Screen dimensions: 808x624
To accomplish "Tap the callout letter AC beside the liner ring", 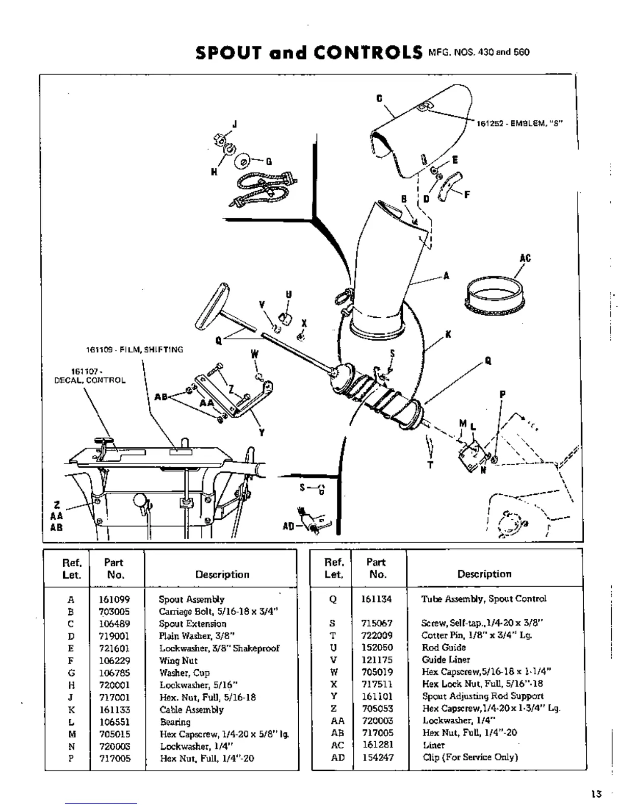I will point(525,258).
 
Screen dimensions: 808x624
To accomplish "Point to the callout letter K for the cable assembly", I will point(448,335).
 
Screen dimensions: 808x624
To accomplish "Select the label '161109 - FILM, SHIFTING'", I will point(134,349).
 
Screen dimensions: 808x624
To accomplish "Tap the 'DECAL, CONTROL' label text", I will point(90,381).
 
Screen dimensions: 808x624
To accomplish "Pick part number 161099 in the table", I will point(114,599).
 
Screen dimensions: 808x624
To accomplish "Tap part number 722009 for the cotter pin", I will point(376,635).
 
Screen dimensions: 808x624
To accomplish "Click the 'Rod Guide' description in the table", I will point(444,647).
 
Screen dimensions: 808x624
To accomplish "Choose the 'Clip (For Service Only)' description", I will point(470,757).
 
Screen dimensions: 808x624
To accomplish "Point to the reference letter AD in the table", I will point(337,757).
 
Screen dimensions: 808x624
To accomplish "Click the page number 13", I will point(596,794).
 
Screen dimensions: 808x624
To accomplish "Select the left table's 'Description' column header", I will point(222,574).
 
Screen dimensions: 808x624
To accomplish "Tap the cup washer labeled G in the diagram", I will point(242,161).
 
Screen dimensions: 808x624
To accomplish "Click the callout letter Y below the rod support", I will point(262,433).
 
